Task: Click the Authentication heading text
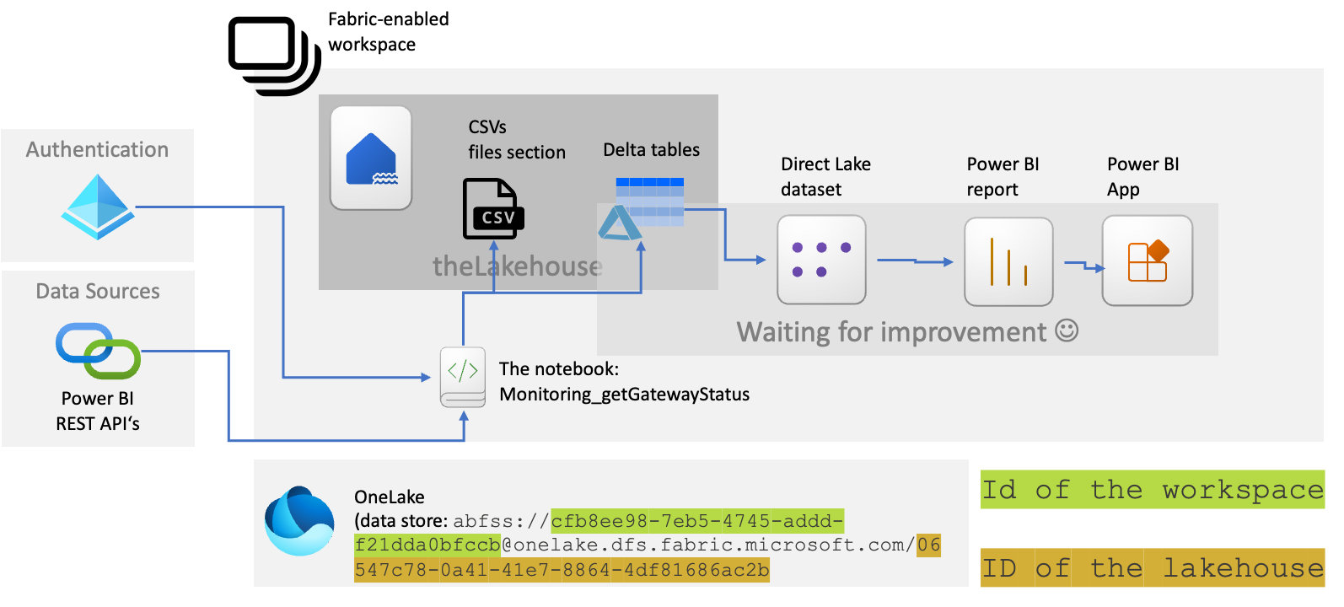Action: point(97,150)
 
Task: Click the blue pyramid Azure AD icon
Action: point(98,207)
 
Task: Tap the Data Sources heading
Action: point(98,292)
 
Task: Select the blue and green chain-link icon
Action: point(98,351)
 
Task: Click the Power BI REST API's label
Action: point(98,411)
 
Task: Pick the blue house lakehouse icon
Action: point(371,158)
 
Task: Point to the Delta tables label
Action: point(651,150)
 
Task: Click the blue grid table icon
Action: point(649,201)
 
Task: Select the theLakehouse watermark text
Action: point(517,266)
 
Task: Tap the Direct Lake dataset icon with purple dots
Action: point(821,260)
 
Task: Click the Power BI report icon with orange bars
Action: point(1008,261)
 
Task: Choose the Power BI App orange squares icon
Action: point(1147,261)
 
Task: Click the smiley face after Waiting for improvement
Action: point(1067,330)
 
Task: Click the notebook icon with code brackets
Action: point(463,377)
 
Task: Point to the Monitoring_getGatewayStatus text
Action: point(624,395)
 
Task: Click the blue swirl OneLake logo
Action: point(299,520)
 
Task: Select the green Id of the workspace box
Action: point(1152,490)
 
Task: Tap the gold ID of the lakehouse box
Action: point(1152,567)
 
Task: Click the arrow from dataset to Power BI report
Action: point(915,261)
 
